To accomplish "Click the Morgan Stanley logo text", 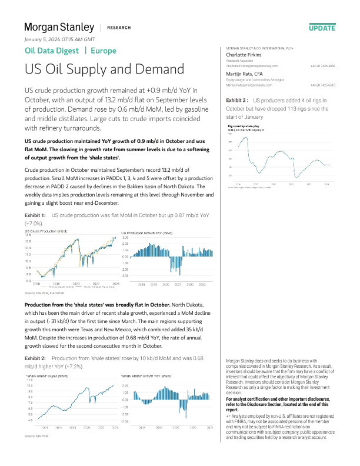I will click(59, 27).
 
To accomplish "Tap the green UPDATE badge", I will click(322, 28).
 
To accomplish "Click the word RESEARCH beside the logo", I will click(120, 28).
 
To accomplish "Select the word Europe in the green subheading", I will click(104, 51).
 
